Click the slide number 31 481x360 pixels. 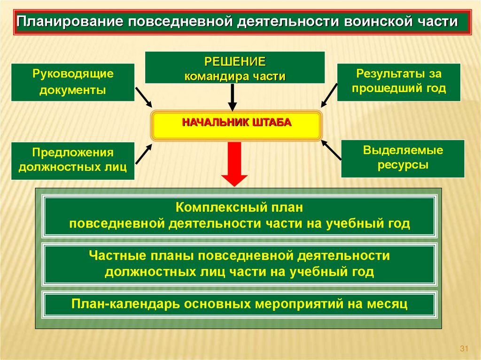click(465, 348)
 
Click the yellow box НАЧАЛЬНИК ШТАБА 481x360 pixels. click(237, 125)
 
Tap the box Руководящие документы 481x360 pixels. click(73, 82)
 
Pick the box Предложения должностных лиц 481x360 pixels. click(73, 160)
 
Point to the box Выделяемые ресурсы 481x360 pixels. click(403, 158)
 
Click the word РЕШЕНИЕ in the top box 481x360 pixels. click(234, 62)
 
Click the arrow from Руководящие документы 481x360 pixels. click(143, 97)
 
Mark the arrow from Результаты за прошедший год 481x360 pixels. click(330, 95)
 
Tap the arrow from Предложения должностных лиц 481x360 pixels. click(143, 153)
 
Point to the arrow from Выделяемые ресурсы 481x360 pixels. click(331, 151)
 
